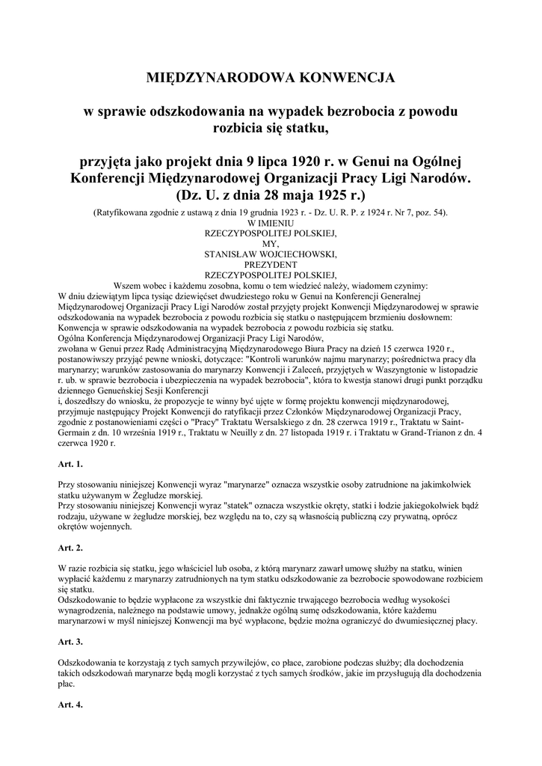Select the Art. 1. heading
70,465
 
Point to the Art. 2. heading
70,548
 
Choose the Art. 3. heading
70,642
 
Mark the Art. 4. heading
70,705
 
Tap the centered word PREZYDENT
271,263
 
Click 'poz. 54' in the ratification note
429,214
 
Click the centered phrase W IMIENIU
271,224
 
